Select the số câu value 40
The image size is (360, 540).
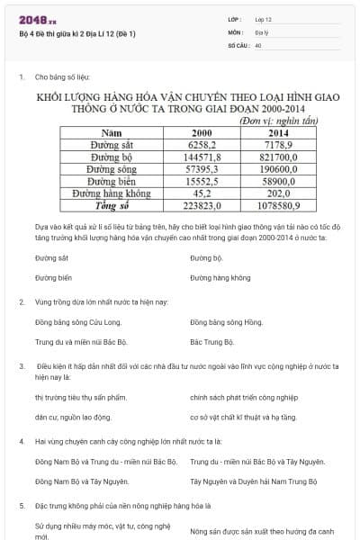[x=258, y=44]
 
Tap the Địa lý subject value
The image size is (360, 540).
[x=261, y=31]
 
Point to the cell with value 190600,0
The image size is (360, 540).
[x=272, y=167]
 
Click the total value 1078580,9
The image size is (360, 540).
[x=272, y=203]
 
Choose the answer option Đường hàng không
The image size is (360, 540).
[x=220, y=278]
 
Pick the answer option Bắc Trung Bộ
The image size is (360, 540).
[x=212, y=342]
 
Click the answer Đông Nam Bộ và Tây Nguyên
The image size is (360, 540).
[x=82, y=481]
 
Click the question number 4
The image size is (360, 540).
[x=22, y=442]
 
